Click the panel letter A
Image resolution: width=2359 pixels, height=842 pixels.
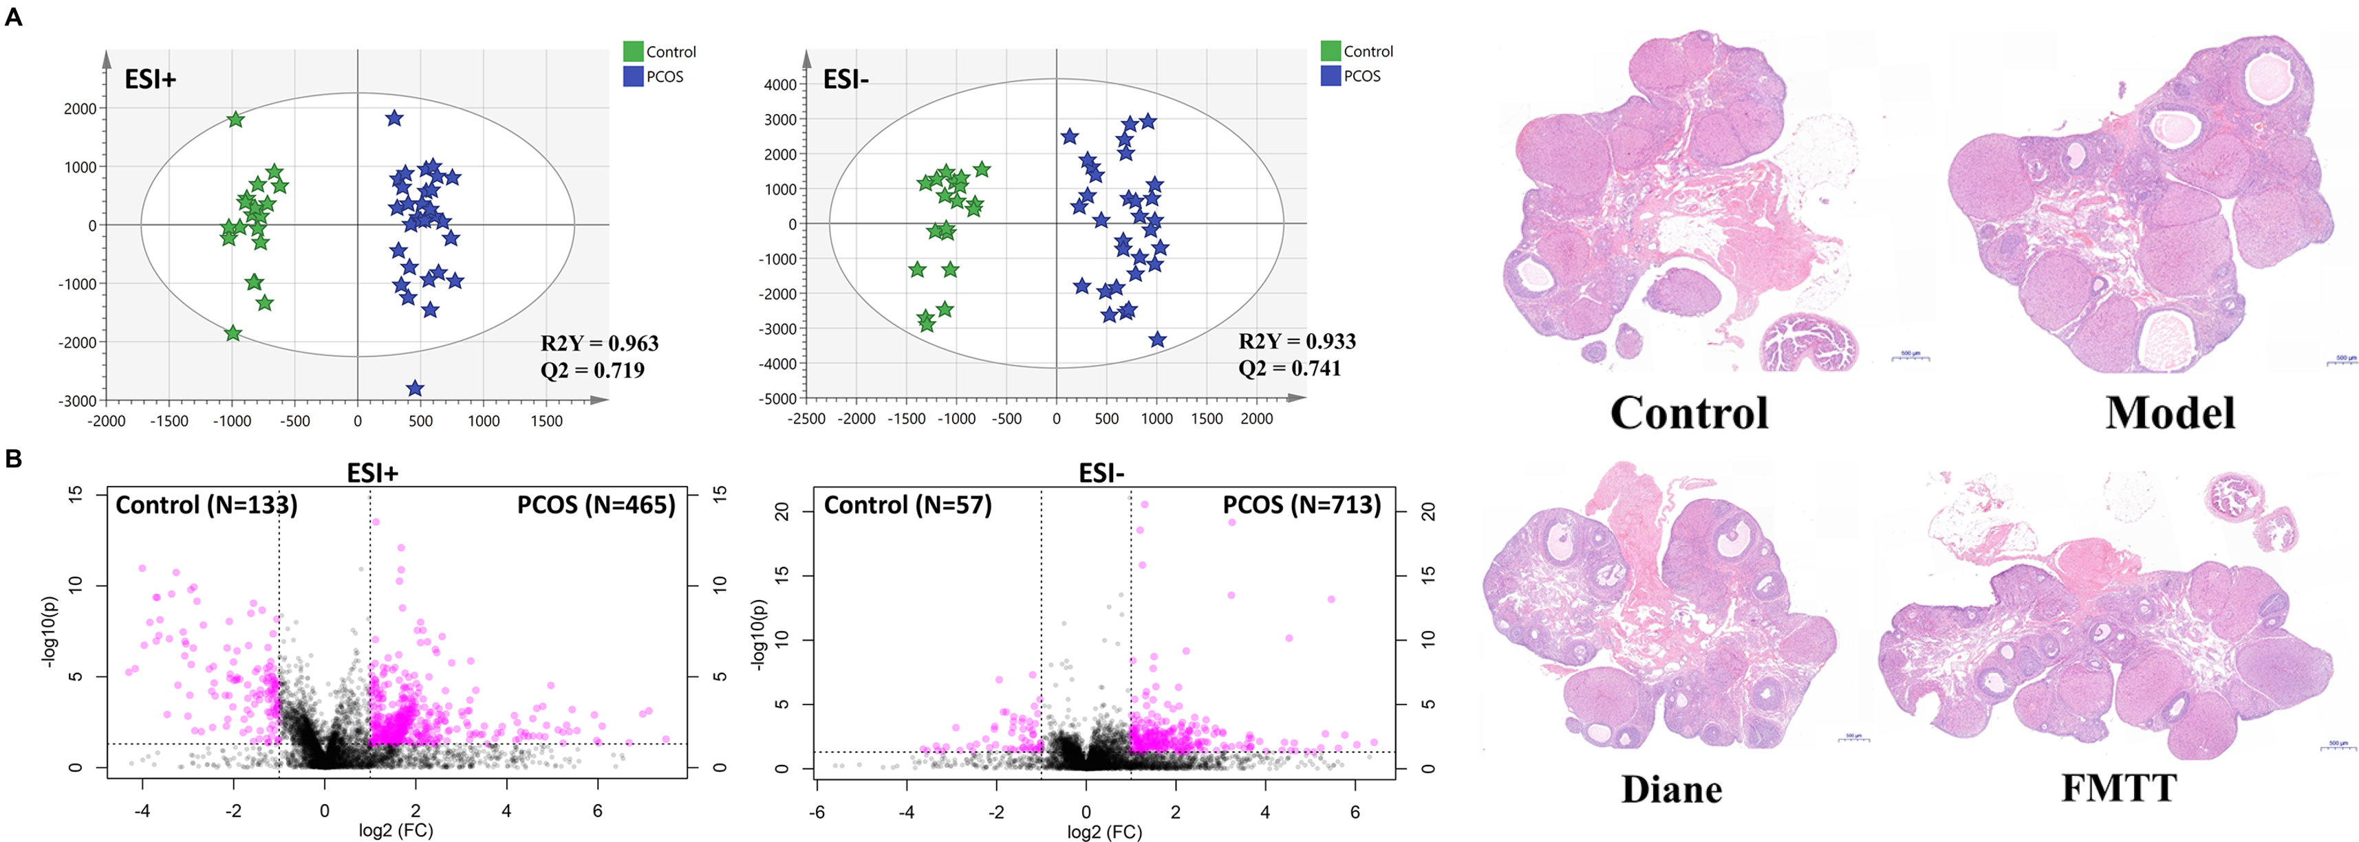(x=13, y=16)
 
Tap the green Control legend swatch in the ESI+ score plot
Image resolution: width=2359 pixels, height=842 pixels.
(x=633, y=52)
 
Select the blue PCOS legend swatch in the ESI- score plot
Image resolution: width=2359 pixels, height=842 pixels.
(x=1331, y=76)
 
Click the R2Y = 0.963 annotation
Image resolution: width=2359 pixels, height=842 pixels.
(x=599, y=343)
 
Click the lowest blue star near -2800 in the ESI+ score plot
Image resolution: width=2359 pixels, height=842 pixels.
(x=415, y=388)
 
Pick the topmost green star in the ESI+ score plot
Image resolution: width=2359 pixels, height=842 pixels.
(x=235, y=119)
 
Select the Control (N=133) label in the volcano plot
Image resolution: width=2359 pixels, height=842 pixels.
(x=206, y=505)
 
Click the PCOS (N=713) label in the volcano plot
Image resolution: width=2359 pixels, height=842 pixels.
(x=1302, y=505)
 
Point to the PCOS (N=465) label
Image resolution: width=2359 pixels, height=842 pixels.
(x=596, y=505)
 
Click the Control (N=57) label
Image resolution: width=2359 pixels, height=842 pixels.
(x=907, y=505)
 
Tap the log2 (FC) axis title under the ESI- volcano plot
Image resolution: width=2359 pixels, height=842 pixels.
(x=1104, y=831)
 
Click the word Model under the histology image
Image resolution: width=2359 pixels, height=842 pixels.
(x=2169, y=413)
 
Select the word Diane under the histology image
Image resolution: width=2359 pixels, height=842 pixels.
(x=1671, y=789)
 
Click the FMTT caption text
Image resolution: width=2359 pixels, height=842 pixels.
(x=2118, y=787)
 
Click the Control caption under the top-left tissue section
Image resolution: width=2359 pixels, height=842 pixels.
(x=1689, y=413)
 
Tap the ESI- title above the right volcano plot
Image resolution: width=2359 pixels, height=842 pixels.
(x=1101, y=473)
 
